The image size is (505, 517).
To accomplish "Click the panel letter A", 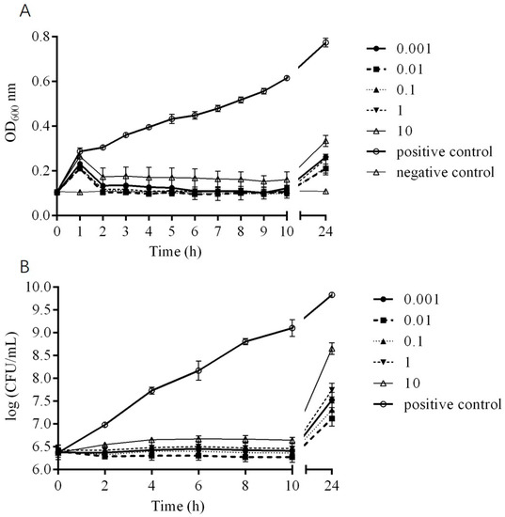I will click(x=9, y=10).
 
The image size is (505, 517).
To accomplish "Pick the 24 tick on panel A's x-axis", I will click(x=325, y=231).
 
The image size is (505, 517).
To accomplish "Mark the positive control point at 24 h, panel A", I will click(x=325, y=42).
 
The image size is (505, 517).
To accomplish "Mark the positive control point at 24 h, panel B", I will click(x=331, y=295).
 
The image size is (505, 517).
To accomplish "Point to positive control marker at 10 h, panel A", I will click(x=286, y=78).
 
